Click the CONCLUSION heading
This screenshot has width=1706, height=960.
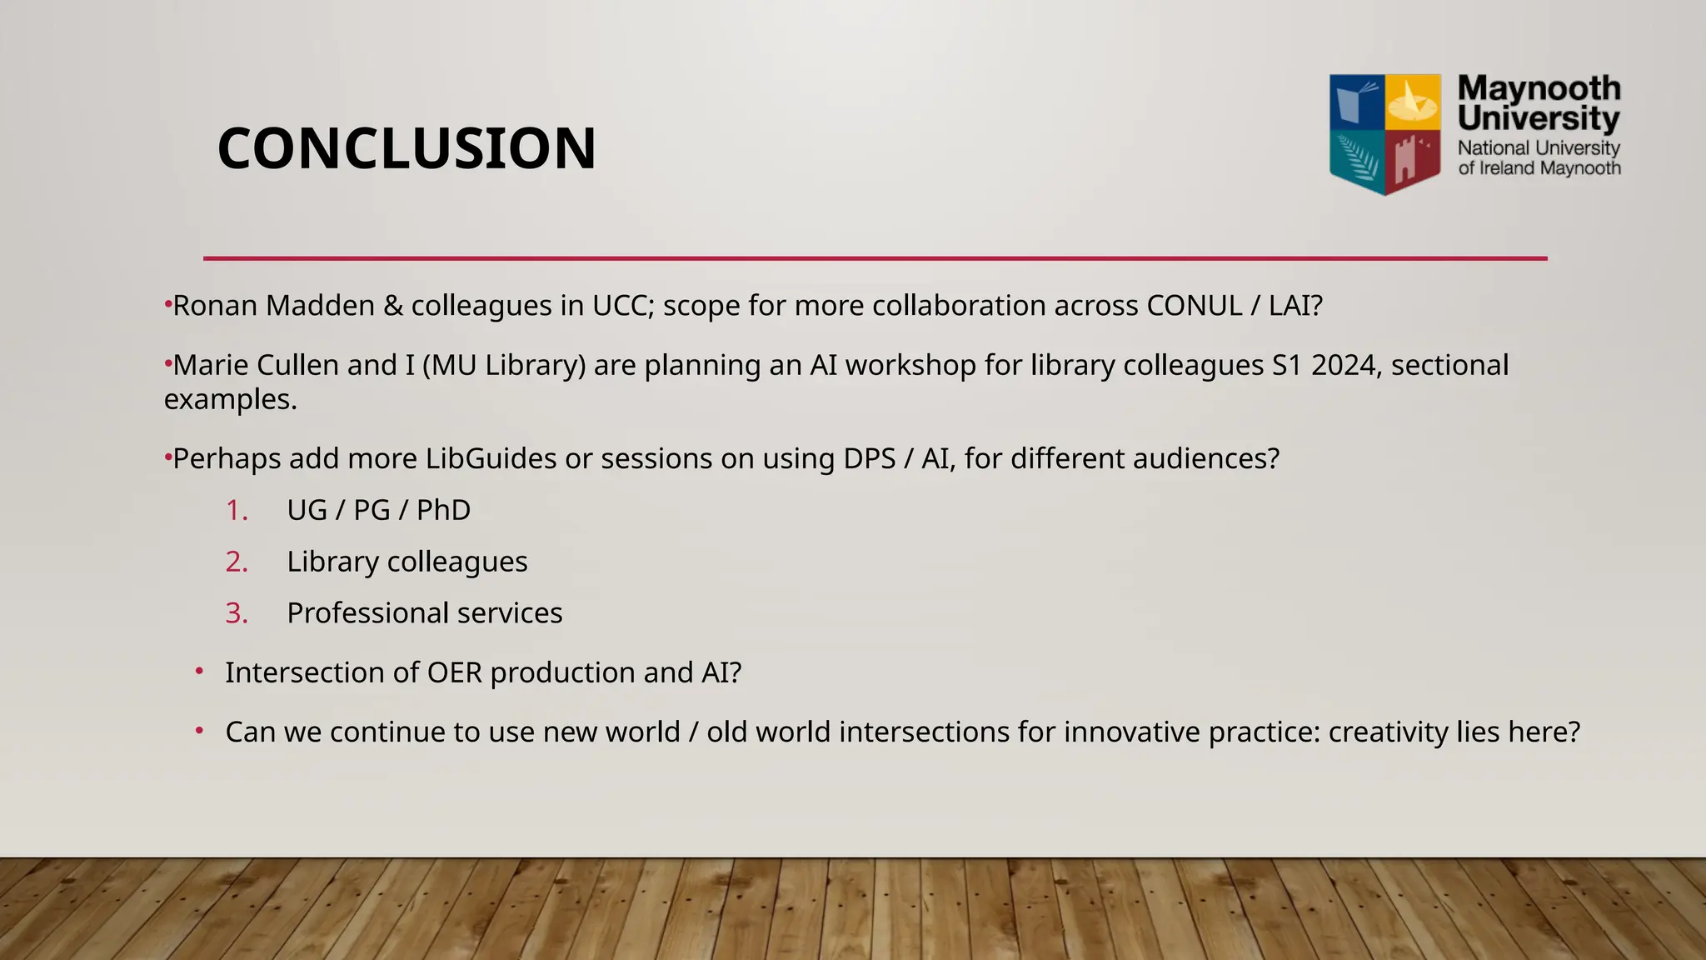point(407,148)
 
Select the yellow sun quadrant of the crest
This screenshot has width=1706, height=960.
point(1413,103)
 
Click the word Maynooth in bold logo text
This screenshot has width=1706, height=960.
point(1539,88)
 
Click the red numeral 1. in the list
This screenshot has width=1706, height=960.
point(237,510)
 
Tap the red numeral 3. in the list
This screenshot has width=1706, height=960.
point(237,613)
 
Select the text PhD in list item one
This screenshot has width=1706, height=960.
point(443,510)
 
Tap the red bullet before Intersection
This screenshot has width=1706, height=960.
point(200,671)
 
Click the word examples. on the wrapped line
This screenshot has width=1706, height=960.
point(231,399)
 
